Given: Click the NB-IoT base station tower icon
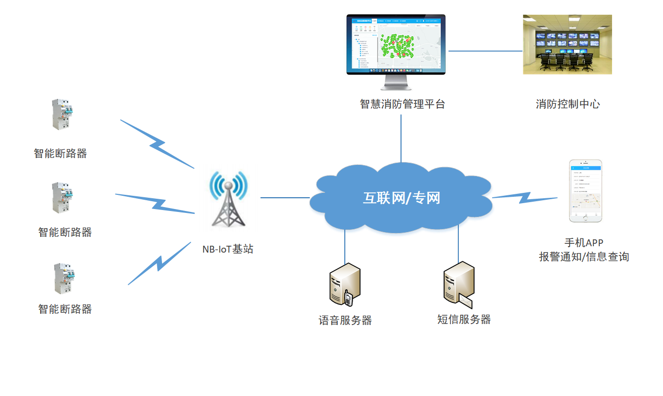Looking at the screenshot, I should point(228,200).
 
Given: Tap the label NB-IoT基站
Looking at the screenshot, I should point(228,249).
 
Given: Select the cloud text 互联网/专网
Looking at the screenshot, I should point(401,198).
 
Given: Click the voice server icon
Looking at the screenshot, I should point(345,284).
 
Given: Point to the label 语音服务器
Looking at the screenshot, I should point(345,321).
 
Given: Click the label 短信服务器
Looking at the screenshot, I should point(464,320).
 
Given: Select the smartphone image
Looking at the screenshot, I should point(585,191).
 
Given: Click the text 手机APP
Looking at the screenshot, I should point(584,243).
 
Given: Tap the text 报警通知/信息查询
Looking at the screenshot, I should point(584,256).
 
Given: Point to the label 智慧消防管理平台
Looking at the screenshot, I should point(403,104).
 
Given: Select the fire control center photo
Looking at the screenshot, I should point(567,45).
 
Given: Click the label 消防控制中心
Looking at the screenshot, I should point(568,104).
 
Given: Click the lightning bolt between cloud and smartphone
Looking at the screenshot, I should point(524,197).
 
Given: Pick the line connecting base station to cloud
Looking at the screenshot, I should point(285,198).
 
